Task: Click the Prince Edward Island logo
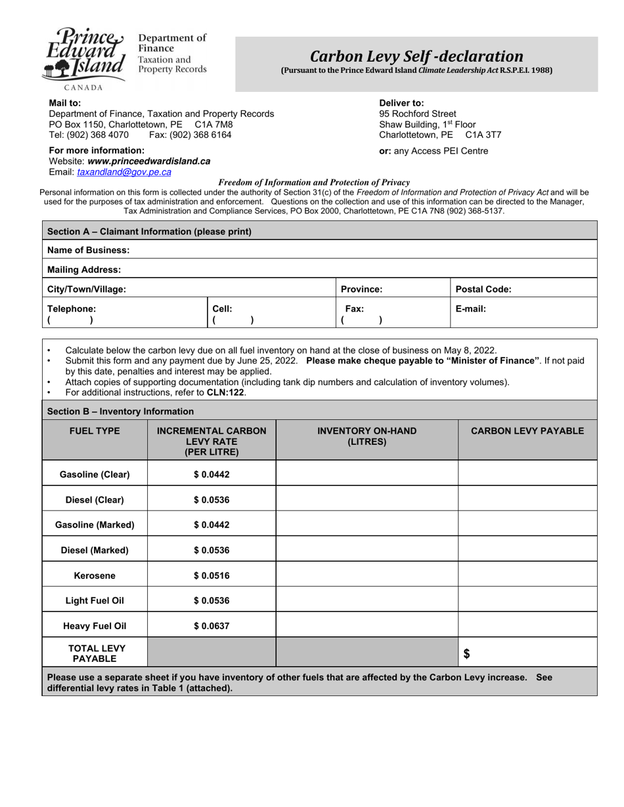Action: (84, 55)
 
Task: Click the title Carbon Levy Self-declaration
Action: (416, 56)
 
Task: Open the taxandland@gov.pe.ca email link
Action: (124, 172)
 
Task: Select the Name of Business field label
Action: (88, 250)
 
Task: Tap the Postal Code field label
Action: (483, 289)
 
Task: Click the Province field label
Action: (361, 289)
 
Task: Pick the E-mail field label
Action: (471, 308)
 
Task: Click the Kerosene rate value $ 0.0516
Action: (212, 575)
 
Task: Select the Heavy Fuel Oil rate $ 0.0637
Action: (212, 626)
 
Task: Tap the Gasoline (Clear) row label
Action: (95, 474)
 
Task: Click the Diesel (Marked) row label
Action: (95, 550)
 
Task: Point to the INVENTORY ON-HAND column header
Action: (367, 436)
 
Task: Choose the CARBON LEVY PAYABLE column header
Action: (527, 430)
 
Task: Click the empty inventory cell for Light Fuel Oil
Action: (367, 600)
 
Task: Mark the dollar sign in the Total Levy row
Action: (467, 653)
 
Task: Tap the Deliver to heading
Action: (401, 103)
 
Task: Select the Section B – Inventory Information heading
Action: (120, 411)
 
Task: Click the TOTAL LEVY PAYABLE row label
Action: (95, 653)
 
